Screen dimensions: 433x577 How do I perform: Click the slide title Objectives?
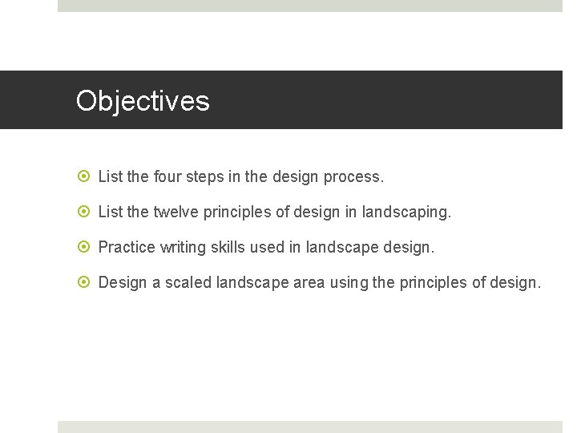143,101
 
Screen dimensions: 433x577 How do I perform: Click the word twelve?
175,212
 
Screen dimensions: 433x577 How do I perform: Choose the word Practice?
127,247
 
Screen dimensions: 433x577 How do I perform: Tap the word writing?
183,247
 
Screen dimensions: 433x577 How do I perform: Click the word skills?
228,247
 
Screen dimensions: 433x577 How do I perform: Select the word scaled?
188,283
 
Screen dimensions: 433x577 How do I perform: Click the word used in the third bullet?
267,247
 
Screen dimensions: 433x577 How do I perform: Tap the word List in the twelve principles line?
110,212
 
